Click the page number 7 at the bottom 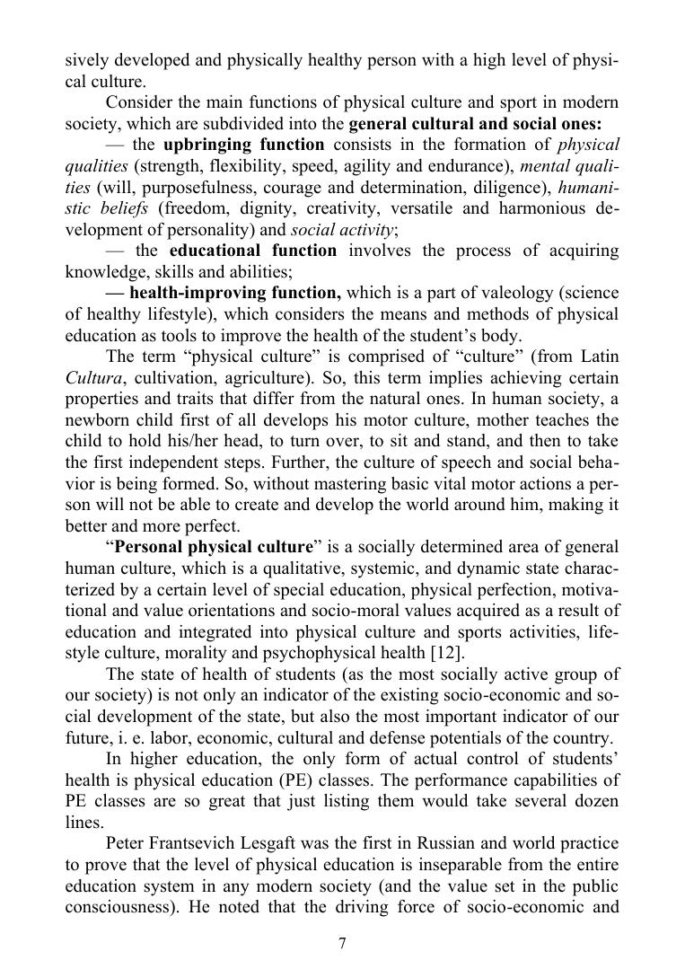tap(342, 943)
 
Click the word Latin tap(596, 357)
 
